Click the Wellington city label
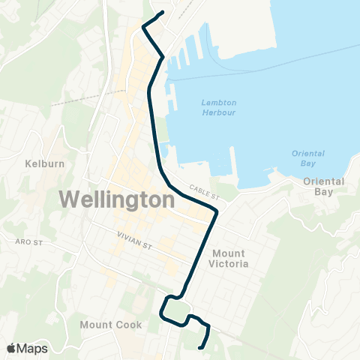tap(116, 200)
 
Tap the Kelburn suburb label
tap(36, 163)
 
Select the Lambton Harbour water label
tap(218, 107)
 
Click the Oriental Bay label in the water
tap(307, 158)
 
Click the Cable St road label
tap(202, 193)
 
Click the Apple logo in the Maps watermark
tap(10, 348)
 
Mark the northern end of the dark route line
tap(163, 12)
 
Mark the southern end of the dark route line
tap(199, 347)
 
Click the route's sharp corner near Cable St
tap(217, 214)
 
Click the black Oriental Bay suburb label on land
tap(324, 186)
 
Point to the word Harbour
tap(218, 112)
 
